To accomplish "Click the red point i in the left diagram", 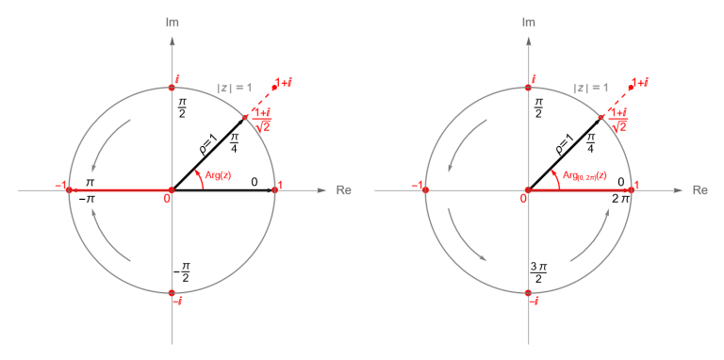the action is pos(172,88).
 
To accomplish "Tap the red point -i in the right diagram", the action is pos(528,292).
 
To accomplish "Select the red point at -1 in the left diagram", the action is pos(69,189).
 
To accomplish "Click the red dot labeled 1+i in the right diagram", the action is pos(631,88).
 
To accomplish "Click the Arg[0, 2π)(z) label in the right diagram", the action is pos(584,175).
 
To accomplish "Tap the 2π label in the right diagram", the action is pos(619,199).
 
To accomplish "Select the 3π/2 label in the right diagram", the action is pos(538,273).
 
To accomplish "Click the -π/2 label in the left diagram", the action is pos(181,273).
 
